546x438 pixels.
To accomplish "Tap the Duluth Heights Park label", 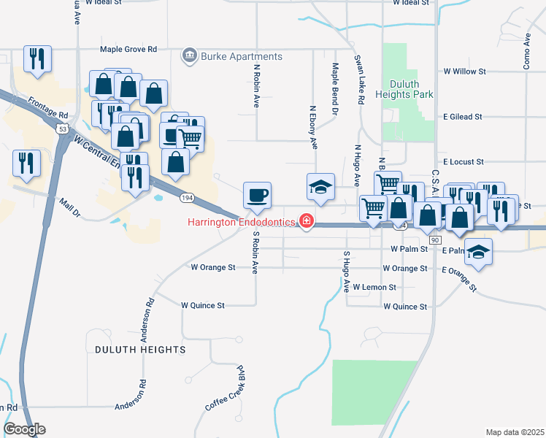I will click(x=404, y=89).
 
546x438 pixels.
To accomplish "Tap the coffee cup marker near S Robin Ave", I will click(x=257, y=196).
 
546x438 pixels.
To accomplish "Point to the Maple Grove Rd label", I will click(x=128, y=50).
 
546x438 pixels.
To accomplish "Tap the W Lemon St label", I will click(x=374, y=288).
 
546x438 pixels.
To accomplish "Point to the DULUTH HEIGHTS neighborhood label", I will click(x=140, y=350).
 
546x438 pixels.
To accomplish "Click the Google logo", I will click(x=25, y=429).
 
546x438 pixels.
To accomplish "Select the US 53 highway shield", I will click(x=64, y=129).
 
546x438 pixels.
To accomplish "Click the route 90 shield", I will click(x=436, y=240).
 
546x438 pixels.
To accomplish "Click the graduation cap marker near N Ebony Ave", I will click(x=320, y=188).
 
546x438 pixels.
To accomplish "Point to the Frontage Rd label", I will click(x=48, y=108).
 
